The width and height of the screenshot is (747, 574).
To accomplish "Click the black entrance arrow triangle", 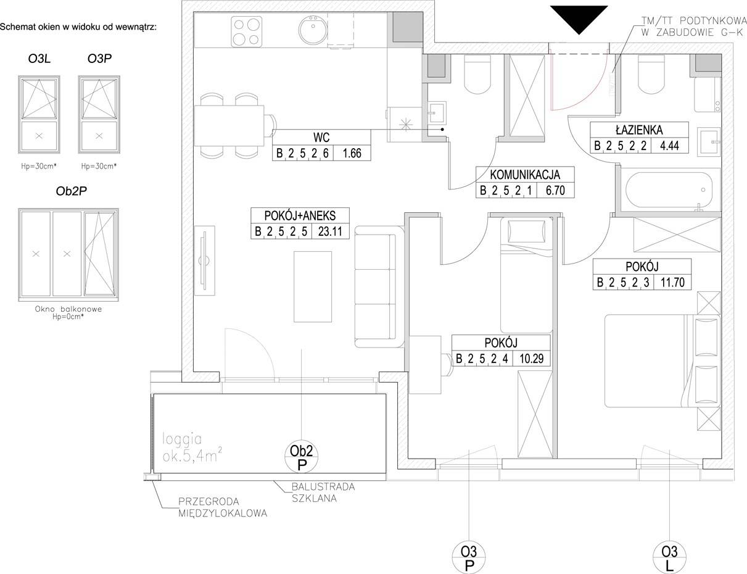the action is pos(579,17).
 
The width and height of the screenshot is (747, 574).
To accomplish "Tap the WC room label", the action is pos(321,138).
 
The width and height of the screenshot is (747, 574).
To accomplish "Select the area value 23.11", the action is pos(331,231).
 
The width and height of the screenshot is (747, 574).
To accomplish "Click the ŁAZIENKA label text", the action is pos(639,130).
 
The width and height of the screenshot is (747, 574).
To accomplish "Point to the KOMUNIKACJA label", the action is pos(525,175).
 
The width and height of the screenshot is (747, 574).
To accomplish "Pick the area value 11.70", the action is pos(672,282).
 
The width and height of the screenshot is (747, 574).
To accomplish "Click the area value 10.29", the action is pos(532,359).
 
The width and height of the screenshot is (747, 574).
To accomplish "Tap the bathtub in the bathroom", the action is pos(669,190).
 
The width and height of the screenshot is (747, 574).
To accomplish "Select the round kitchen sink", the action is pos(313,30).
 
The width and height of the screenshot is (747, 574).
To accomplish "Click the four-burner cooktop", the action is pos(247,32).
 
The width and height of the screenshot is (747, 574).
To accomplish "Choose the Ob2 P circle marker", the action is pos(302,457).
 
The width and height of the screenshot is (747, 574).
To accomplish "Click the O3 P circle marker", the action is pos(469,558).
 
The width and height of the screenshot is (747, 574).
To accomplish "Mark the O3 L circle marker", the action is pos(669,558).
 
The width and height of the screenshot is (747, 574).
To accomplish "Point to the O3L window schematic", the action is pos(39,115).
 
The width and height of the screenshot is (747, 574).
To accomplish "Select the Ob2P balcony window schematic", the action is pos(68,254).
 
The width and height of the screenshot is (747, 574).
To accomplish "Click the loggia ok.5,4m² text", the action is pos(192,448).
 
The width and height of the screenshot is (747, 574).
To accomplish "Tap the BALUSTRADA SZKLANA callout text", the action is pos(323,492).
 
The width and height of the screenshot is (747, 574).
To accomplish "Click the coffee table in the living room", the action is pos(313,286).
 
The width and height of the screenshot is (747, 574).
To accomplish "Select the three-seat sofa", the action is pos(379,286).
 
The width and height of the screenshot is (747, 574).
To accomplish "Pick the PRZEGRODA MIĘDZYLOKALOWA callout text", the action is pos(223,507).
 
